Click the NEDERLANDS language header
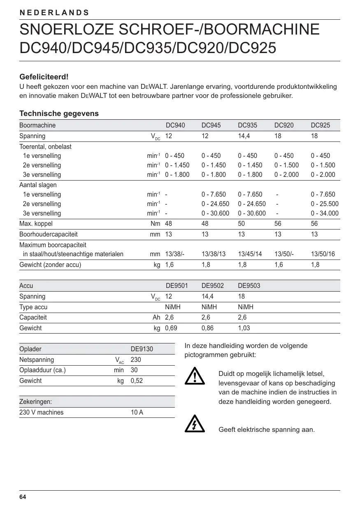click(x=54, y=12)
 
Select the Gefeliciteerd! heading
click(x=44, y=77)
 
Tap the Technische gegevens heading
click(x=59, y=114)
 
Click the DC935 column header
click(x=247, y=125)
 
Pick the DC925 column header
click(x=320, y=125)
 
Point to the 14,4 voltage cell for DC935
click(x=244, y=136)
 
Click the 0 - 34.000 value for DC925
click(x=325, y=213)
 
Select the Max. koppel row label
click(x=36, y=224)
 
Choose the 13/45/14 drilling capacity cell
click(x=250, y=254)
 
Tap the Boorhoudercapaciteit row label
click(x=49, y=234)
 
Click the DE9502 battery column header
click(x=212, y=286)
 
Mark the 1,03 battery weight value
click(x=244, y=328)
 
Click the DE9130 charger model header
click(x=142, y=349)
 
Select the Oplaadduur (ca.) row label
click(x=43, y=370)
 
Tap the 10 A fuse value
click(x=137, y=412)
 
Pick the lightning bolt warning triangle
click(x=195, y=425)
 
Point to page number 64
click(x=23, y=497)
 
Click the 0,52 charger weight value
click(x=137, y=381)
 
